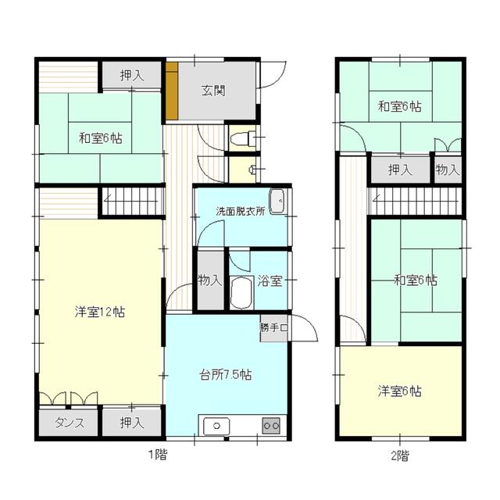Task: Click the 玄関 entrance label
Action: (x=213, y=91)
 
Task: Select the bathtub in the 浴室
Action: (x=241, y=292)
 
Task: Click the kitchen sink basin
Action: (x=216, y=426)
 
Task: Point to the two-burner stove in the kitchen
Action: (x=271, y=426)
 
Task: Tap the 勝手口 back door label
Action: (x=274, y=327)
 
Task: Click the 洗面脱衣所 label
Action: (x=241, y=211)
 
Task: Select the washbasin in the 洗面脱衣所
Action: (x=277, y=202)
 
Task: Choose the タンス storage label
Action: (x=70, y=423)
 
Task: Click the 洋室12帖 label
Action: (x=100, y=312)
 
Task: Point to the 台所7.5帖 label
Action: (x=226, y=375)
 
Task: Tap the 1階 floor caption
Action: (x=158, y=455)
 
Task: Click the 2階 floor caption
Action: (x=399, y=456)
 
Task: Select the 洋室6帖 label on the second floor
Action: (x=399, y=391)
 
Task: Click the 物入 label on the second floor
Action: (x=448, y=170)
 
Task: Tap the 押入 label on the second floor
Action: (x=400, y=170)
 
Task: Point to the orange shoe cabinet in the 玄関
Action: (x=172, y=91)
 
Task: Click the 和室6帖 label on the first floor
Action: (x=101, y=139)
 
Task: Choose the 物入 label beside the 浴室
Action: (x=210, y=280)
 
